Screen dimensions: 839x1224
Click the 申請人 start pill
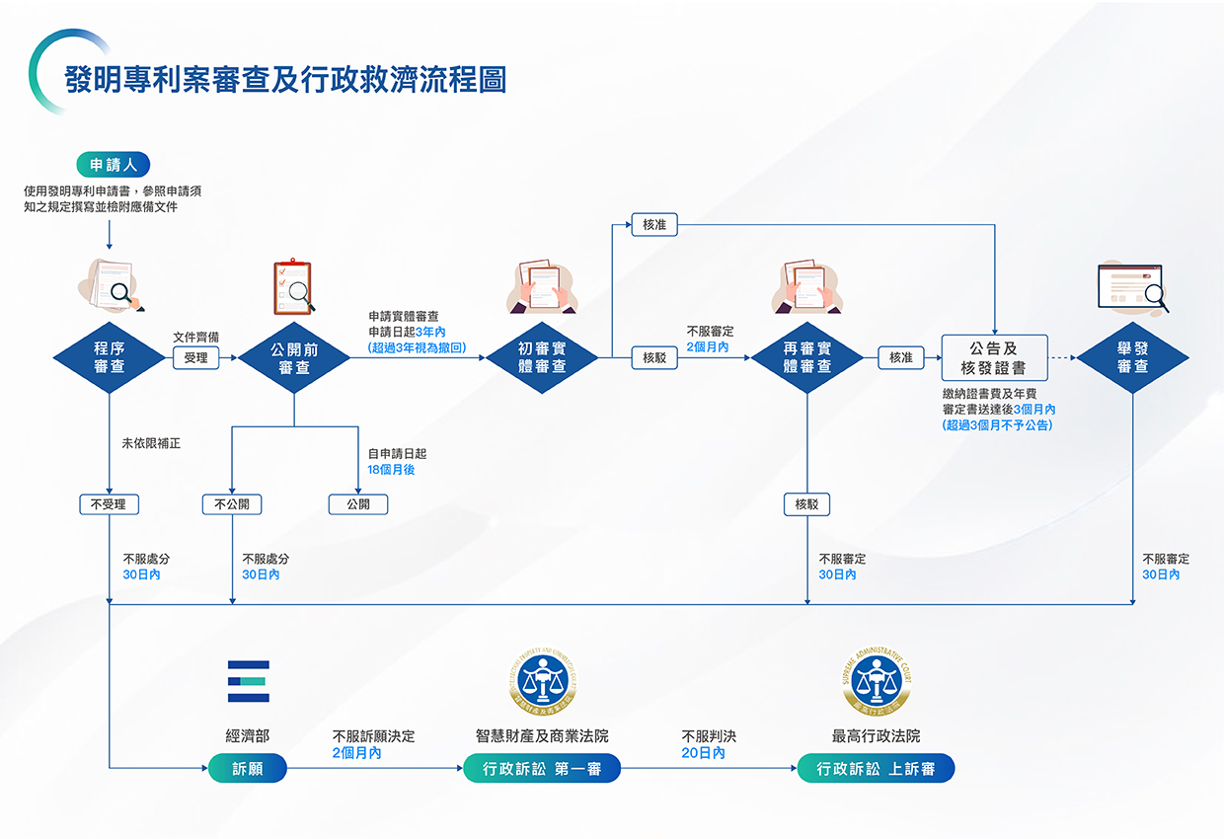tap(113, 165)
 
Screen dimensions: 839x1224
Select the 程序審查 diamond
tap(109, 357)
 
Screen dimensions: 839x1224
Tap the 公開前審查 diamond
tap(294, 357)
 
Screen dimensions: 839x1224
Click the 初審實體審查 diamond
tap(542, 357)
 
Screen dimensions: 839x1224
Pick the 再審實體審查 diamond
tap(806, 357)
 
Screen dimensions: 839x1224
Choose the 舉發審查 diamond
tap(1132, 357)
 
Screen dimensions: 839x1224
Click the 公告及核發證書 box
tap(993, 357)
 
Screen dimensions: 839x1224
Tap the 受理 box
tap(195, 357)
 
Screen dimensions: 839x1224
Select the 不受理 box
tap(109, 504)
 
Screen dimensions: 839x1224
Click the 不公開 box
tap(231, 504)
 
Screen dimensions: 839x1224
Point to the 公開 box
tap(358, 504)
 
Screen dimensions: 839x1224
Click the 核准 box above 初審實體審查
tap(654, 225)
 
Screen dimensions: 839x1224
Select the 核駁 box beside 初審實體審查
tap(654, 357)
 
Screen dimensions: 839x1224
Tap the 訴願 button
tap(247, 769)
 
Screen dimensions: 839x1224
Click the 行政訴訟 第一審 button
tap(542, 769)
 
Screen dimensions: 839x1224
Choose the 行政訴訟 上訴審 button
tap(876, 769)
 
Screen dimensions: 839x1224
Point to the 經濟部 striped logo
tap(248, 681)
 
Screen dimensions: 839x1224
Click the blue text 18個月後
tap(391, 470)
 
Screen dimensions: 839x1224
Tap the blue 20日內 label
tap(703, 753)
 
